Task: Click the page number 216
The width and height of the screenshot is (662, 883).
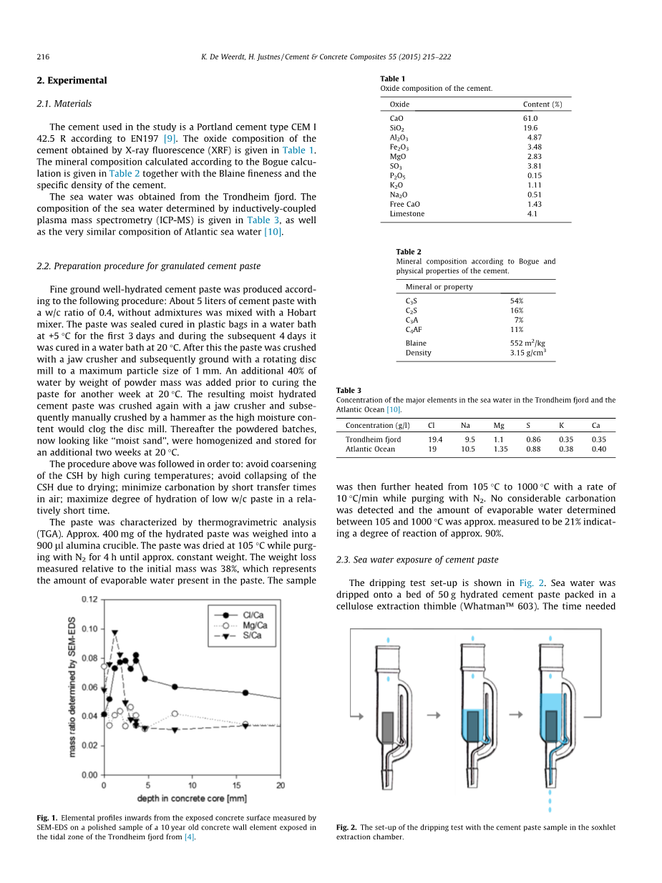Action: tap(42, 57)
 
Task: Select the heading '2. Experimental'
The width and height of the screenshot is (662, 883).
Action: tap(72, 81)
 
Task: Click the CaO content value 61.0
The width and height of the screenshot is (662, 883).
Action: tap(530, 118)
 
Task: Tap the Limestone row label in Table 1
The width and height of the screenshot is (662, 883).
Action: tap(407, 214)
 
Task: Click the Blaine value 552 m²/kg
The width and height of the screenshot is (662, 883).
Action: tap(527, 343)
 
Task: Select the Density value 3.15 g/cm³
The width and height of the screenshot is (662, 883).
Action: tap(528, 353)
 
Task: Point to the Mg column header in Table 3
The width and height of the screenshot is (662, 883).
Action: tap(499, 425)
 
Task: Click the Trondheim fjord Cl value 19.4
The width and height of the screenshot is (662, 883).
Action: tap(434, 439)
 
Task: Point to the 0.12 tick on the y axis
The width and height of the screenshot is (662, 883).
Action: tap(89, 600)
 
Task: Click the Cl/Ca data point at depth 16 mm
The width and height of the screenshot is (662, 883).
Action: tap(245, 693)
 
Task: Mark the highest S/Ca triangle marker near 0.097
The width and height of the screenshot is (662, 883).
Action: tap(115, 633)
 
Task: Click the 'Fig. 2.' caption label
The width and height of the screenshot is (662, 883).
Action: tap(346, 827)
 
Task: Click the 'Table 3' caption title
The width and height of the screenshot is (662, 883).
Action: tap(349, 391)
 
